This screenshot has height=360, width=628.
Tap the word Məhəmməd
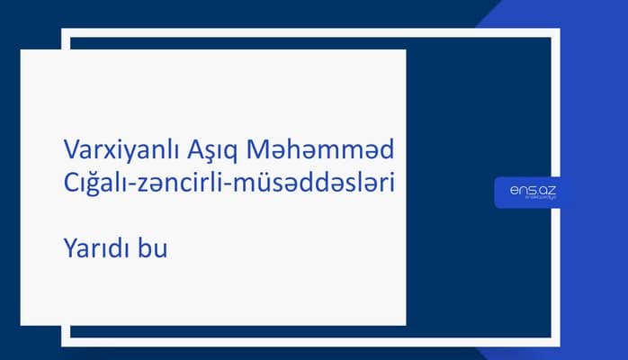tap(312, 147)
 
